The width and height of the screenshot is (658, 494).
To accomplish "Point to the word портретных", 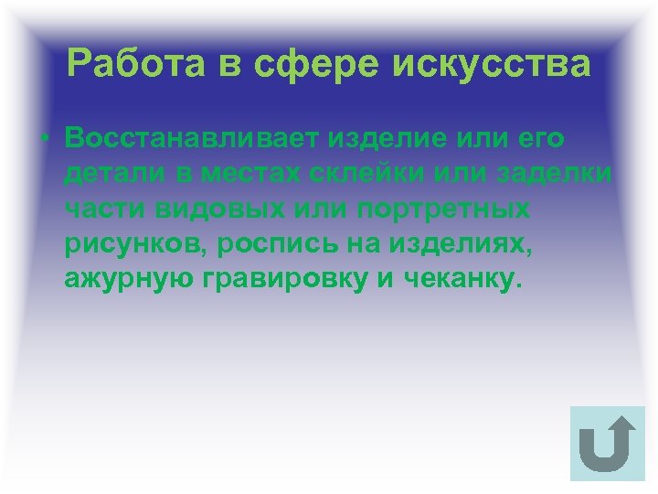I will click(442, 209).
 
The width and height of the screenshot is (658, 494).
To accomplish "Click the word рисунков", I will click(129, 244).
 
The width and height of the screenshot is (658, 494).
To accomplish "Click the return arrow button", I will click(606, 443).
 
